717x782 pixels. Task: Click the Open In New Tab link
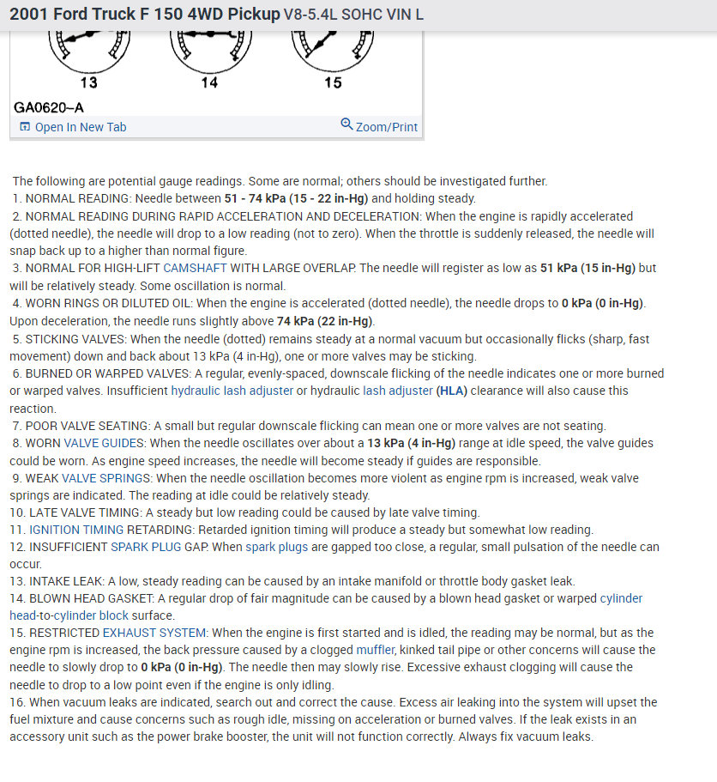pos(80,127)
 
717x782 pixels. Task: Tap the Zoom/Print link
pos(386,127)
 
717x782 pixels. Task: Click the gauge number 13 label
pos(88,83)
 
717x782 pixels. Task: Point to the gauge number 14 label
pos(209,83)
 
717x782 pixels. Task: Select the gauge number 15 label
pos(333,83)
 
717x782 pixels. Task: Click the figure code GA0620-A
pos(49,107)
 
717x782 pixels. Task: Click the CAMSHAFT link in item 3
pos(195,269)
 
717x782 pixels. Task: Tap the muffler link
pos(377,650)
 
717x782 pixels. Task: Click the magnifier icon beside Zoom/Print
pos(346,125)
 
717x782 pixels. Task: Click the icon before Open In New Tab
pos(24,127)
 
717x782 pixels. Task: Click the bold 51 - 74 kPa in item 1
pos(268,198)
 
